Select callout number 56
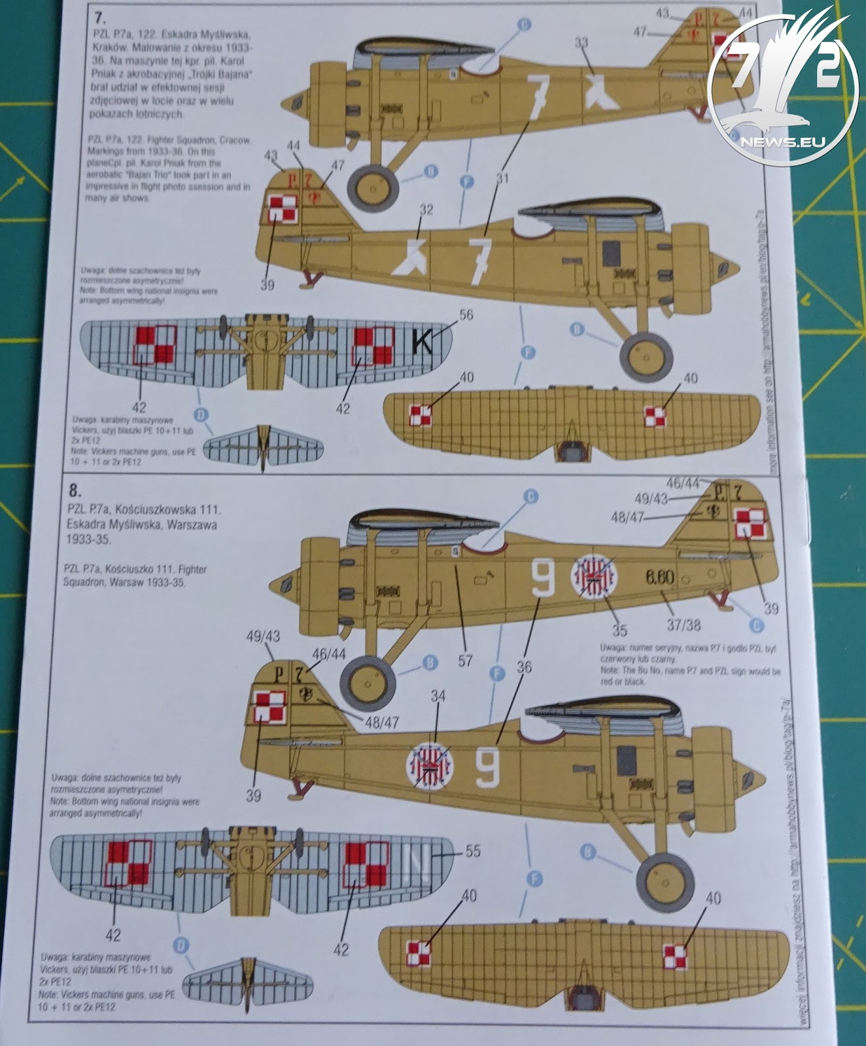[x=466, y=315]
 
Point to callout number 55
[x=472, y=851]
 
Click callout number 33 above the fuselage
[x=581, y=43]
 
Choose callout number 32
[x=426, y=210]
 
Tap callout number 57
[x=465, y=661]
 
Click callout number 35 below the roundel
[x=619, y=630]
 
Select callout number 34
[x=438, y=696]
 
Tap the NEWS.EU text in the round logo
[x=780, y=141]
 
